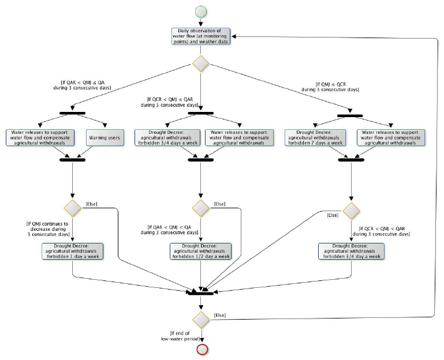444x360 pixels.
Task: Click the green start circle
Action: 200,10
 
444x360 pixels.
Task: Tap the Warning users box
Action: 106,137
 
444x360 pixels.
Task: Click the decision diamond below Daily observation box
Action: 200,63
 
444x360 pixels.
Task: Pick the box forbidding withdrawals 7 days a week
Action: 315,137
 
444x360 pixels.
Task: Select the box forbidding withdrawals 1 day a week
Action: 72,250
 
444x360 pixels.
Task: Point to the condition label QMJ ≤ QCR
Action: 330,87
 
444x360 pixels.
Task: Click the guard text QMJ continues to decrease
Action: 47,227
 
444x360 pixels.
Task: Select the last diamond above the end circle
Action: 201,318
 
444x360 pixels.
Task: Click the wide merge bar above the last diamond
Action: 201,292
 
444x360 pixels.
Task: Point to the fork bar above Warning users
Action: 72,112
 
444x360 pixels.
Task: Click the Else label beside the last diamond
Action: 220,314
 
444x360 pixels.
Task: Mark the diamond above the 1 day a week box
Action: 72,207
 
